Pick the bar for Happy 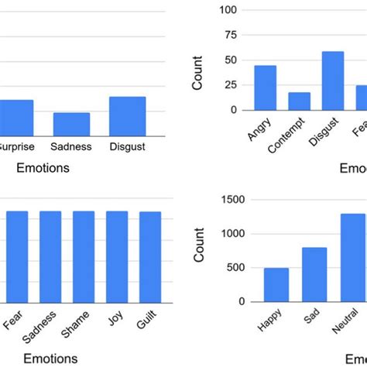(x=276, y=284)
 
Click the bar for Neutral (x=352, y=257)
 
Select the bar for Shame (x=84, y=256)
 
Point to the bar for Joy (x=117, y=256)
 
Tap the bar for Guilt (x=150, y=256)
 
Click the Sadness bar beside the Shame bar (x=50, y=256)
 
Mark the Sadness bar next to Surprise (x=71, y=125)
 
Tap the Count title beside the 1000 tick (x=199, y=247)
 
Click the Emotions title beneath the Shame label (x=50, y=358)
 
